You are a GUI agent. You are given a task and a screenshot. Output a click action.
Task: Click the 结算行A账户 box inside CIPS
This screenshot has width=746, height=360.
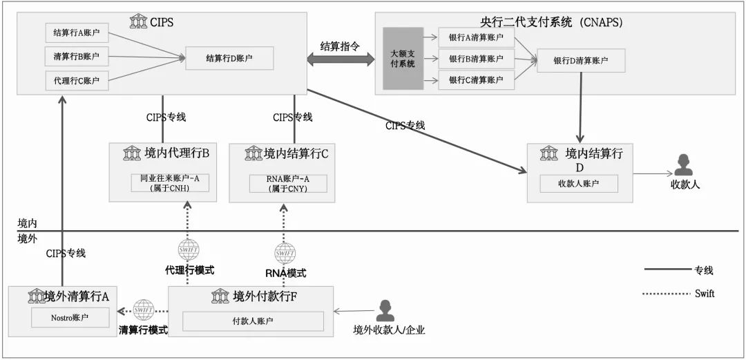coord(77,32)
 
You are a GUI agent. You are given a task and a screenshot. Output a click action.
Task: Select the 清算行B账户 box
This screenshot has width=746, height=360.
coord(77,57)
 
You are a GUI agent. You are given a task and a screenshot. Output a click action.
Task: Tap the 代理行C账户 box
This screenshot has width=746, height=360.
coord(77,81)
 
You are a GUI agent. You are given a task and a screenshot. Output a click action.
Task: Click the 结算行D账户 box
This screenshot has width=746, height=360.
coord(229,58)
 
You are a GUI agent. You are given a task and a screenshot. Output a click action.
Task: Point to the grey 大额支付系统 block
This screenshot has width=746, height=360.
coord(403,59)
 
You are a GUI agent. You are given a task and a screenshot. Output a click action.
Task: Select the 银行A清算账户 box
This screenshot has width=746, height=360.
coord(476,37)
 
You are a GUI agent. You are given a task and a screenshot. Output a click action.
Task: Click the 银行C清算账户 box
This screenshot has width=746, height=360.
coord(476,80)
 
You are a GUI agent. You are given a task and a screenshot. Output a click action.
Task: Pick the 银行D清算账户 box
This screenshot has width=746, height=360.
coord(581,61)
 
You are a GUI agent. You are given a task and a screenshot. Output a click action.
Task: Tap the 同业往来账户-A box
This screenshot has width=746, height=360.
coord(164,183)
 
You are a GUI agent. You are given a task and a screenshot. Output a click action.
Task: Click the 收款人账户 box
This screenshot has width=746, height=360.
coord(579,183)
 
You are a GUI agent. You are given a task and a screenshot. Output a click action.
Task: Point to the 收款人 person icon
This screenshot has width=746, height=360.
coord(683,164)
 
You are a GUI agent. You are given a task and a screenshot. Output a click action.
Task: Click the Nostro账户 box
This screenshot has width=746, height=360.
coord(70,318)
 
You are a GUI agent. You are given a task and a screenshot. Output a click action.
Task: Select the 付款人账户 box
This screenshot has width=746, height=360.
coord(253,321)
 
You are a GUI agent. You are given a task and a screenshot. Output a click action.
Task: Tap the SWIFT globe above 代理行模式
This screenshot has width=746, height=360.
coord(189,250)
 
